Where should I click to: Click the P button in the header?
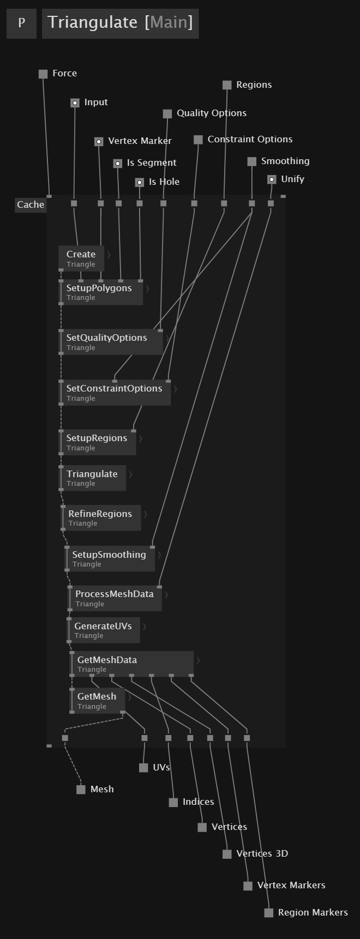tap(21, 23)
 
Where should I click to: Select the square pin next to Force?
tap(43, 74)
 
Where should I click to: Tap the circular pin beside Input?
tap(75, 103)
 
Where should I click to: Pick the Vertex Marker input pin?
tap(99, 142)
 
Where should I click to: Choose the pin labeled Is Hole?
tap(140, 183)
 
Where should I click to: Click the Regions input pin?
tap(227, 85)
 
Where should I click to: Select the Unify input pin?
tap(272, 180)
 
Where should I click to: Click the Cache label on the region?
tap(31, 205)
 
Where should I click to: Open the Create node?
tap(81, 258)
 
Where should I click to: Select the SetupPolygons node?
tap(101, 292)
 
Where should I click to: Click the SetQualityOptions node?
tap(111, 342)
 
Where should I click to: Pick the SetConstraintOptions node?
tap(115, 393)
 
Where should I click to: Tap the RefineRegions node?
tap(101, 518)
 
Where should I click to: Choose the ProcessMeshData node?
tap(115, 598)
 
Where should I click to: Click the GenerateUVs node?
tap(104, 630)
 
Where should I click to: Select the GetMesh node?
tap(98, 701)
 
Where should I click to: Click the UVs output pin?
tap(143, 768)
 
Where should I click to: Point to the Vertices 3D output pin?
tap(227, 854)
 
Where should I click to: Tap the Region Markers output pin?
tap(268, 913)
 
